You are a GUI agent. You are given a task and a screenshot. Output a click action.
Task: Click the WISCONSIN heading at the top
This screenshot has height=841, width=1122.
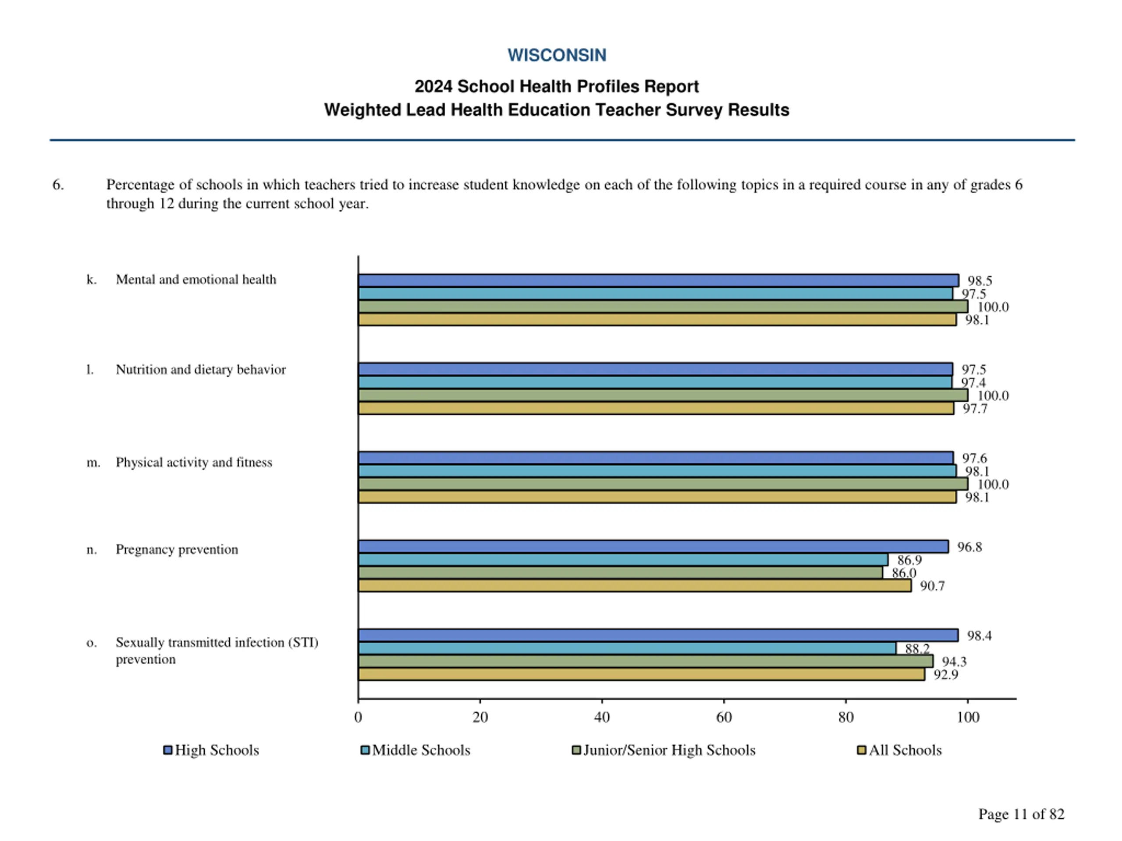click(x=557, y=55)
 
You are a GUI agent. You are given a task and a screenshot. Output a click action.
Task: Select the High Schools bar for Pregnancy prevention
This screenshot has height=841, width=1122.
click(x=653, y=547)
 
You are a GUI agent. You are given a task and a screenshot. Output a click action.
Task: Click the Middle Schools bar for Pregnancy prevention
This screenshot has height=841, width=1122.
click(x=623, y=560)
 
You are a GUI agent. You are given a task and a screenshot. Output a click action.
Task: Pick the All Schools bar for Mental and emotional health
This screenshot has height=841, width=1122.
click(x=657, y=319)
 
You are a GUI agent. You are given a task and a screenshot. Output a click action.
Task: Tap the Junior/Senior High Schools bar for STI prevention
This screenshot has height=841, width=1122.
click(x=645, y=661)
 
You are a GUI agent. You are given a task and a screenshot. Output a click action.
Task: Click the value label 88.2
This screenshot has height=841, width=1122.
click(x=917, y=648)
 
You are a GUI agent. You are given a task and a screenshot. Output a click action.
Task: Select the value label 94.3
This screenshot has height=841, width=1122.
click(x=954, y=661)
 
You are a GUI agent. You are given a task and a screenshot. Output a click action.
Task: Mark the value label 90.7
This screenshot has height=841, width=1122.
click(x=932, y=586)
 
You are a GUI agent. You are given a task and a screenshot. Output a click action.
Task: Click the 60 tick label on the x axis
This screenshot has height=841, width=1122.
click(x=724, y=717)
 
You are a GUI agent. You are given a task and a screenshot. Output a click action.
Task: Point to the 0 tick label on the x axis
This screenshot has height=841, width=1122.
click(x=358, y=717)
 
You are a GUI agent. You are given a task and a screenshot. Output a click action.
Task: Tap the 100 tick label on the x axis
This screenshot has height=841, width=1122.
click(x=967, y=717)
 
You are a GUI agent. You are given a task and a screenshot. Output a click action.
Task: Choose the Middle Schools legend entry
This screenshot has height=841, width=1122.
click(x=415, y=750)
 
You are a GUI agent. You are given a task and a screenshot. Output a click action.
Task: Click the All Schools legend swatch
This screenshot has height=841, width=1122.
click(x=861, y=750)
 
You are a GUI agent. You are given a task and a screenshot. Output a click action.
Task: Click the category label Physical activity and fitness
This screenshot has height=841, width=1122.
click(x=194, y=462)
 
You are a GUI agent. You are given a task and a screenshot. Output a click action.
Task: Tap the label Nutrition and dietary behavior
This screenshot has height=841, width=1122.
click(x=200, y=370)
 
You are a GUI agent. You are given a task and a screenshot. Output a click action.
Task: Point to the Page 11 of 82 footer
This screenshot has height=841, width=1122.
click(x=1021, y=814)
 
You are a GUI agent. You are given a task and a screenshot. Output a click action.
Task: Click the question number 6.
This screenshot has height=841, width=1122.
click(x=58, y=184)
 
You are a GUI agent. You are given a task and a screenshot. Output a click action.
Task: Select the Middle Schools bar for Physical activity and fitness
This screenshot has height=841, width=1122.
click(x=657, y=471)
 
